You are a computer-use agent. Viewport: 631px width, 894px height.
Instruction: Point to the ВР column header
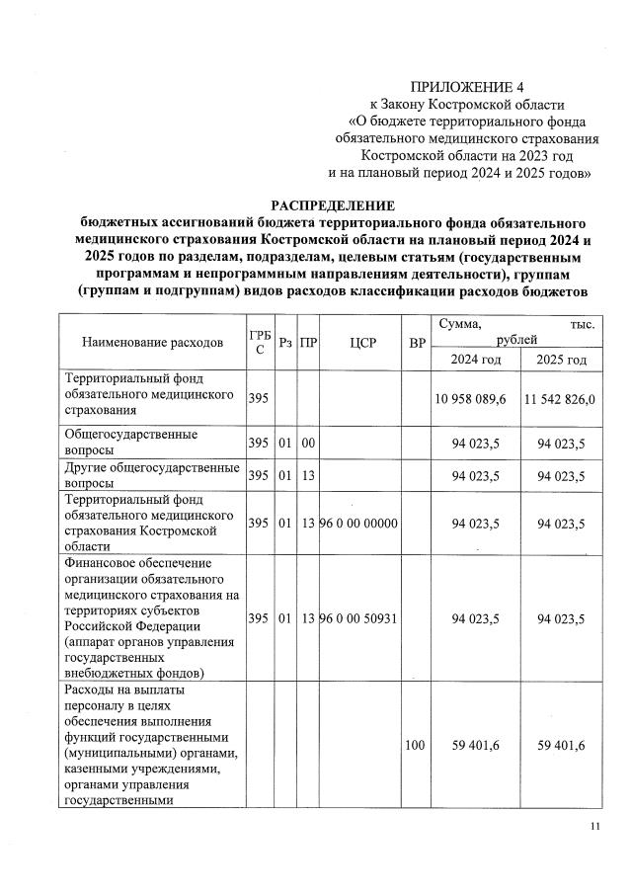click(x=413, y=343)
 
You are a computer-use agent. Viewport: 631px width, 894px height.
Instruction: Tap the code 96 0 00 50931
click(x=357, y=618)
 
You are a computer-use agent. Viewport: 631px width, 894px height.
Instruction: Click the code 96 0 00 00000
click(x=357, y=522)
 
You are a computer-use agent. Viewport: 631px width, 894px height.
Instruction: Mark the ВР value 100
click(x=414, y=744)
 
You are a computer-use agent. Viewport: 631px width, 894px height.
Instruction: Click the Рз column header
click(x=284, y=343)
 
